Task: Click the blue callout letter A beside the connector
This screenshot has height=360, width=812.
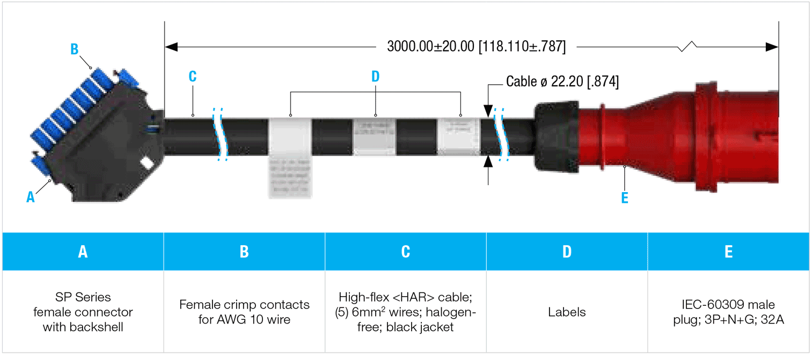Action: [x=31, y=197]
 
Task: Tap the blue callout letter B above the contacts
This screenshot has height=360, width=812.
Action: [x=75, y=49]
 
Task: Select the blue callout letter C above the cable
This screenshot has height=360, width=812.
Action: [x=193, y=76]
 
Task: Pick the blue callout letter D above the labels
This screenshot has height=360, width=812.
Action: [x=375, y=76]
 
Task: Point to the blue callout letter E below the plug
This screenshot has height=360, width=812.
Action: [x=624, y=197]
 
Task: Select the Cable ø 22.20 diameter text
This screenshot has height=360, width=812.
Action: [x=562, y=82]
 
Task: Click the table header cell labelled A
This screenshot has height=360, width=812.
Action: [x=83, y=252]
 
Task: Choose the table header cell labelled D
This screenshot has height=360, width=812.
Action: [x=567, y=252]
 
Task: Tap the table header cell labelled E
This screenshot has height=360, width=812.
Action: [x=728, y=252]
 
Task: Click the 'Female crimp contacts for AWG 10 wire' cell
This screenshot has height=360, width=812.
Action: [x=244, y=312]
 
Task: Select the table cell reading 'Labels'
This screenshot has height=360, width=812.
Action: [x=567, y=312]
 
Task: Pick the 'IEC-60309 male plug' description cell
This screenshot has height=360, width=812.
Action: [x=728, y=312]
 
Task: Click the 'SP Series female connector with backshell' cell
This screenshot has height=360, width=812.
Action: [x=83, y=312]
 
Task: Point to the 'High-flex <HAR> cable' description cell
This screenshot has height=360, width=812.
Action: [x=405, y=312]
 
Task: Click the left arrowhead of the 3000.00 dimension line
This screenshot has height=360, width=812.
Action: [x=171, y=47]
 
